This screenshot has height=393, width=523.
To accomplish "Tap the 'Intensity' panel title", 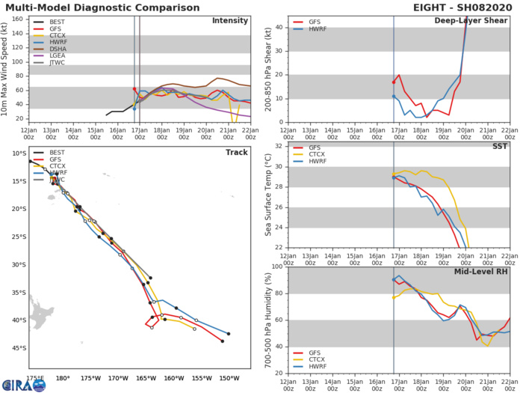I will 230,20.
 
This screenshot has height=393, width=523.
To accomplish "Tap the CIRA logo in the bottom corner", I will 22,384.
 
